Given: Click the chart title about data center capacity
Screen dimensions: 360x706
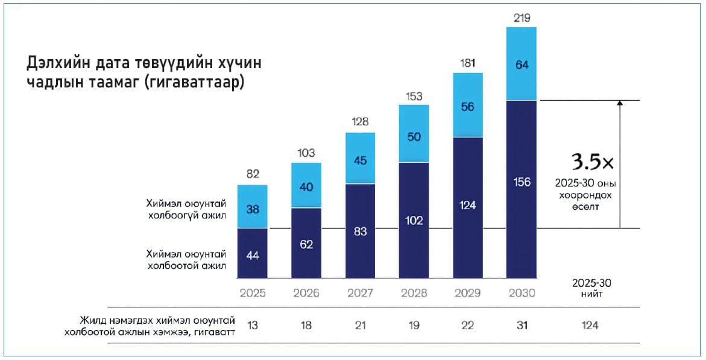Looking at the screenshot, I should (145, 72).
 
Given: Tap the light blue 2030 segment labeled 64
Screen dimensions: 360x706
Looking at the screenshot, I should (522, 64).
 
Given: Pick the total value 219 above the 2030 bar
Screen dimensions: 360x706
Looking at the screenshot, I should (522, 18).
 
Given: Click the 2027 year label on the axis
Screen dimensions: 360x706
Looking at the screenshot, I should (360, 293).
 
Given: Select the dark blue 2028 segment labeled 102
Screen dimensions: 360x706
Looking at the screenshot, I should (414, 220).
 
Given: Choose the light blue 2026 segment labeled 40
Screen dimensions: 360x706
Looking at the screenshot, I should (306, 186).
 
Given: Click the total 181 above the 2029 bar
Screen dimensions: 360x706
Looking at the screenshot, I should (468, 63).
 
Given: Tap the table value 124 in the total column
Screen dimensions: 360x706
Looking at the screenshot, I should (590, 326).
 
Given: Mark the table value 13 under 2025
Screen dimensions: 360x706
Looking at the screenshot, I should (252, 326).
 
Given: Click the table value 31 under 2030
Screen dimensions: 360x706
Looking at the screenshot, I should (522, 326).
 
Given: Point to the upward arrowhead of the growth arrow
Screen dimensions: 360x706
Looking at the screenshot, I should (620, 103).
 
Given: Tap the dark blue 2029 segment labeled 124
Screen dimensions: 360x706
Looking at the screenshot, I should (468, 206).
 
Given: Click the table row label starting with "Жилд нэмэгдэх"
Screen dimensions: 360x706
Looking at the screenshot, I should (150, 326).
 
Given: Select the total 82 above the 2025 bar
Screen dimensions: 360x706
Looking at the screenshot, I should (252, 175).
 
